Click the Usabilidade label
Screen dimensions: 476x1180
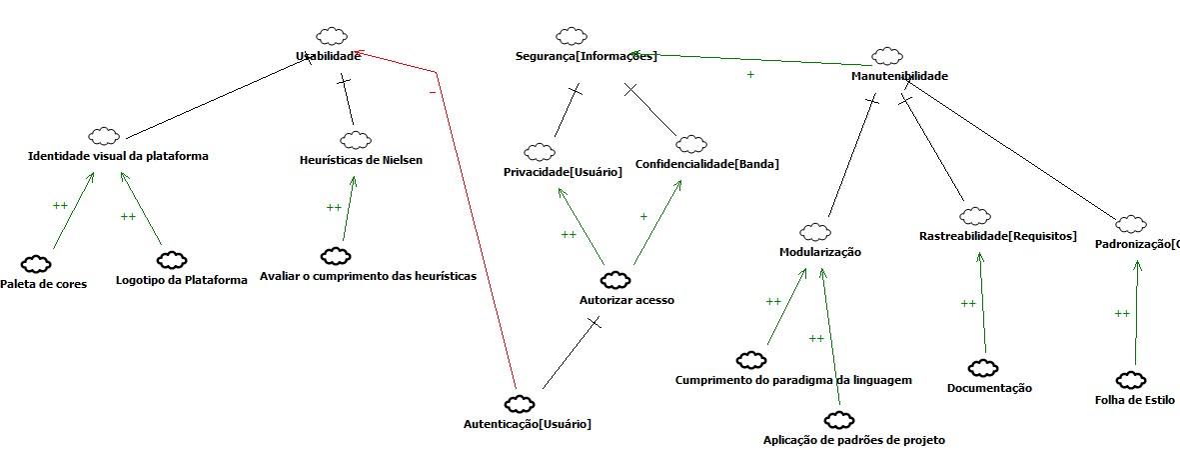(x=327, y=57)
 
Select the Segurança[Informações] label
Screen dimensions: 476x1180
(x=587, y=56)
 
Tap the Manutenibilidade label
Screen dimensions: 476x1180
(x=899, y=76)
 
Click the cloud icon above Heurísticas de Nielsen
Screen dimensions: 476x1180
(x=353, y=139)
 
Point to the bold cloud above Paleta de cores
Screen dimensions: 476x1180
(x=37, y=264)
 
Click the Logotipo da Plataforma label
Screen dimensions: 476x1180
(x=181, y=280)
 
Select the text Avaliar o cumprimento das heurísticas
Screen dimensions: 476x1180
(x=368, y=275)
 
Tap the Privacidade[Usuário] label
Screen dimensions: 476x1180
(x=563, y=172)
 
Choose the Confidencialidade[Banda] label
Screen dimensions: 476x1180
(x=706, y=163)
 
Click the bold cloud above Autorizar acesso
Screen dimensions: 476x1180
(x=612, y=279)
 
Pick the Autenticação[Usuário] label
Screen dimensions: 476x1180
(x=528, y=424)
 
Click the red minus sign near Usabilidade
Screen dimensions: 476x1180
(x=432, y=92)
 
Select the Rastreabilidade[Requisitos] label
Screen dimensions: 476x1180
(x=997, y=236)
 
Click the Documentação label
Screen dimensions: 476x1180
(x=989, y=388)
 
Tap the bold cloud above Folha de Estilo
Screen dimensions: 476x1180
(x=1132, y=380)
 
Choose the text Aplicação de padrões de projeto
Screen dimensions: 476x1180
(x=853, y=440)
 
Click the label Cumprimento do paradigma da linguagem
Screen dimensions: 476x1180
(x=793, y=380)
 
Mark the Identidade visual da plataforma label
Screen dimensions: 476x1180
(x=118, y=156)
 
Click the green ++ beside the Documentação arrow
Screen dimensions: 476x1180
(x=967, y=303)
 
